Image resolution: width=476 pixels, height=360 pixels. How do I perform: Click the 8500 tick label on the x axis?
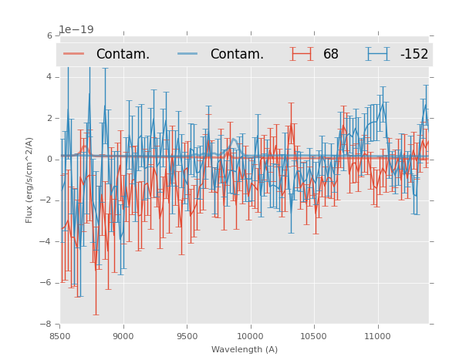click(60, 336)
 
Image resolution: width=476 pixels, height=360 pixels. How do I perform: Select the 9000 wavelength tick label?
click(123, 336)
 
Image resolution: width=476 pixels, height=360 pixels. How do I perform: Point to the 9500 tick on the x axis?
click(187, 336)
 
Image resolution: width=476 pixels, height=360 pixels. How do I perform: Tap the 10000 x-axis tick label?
click(250, 336)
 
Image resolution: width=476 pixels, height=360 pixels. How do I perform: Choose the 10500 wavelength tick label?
click(314, 336)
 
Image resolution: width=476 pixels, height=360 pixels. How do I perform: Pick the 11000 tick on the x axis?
click(377, 336)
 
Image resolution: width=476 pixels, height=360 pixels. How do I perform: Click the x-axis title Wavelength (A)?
click(245, 349)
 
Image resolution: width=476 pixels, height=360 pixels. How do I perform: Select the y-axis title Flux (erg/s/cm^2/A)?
click(29, 180)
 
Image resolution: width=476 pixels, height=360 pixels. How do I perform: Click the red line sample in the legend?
click(74, 54)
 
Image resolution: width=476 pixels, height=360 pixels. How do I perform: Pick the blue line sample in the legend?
click(188, 54)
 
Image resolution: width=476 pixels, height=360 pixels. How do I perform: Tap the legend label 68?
click(331, 54)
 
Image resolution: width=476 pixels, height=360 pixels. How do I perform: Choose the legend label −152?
click(414, 54)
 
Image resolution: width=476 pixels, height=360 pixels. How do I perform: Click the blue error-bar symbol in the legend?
click(377, 54)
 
